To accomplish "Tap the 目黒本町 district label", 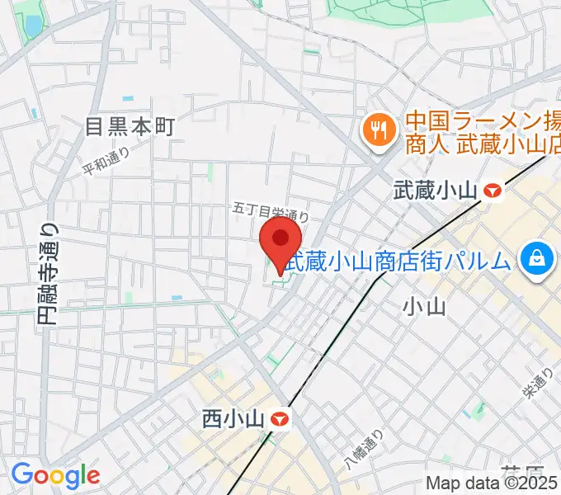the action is tap(131, 126).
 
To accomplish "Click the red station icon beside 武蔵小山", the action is tap(493, 191).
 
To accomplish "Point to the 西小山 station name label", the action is tap(233, 419).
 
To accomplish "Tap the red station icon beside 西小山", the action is tap(280, 419).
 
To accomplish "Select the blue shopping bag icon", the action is tap(537, 258).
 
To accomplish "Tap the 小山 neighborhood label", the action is tap(424, 307).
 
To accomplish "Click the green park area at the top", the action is tap(396, 10).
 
